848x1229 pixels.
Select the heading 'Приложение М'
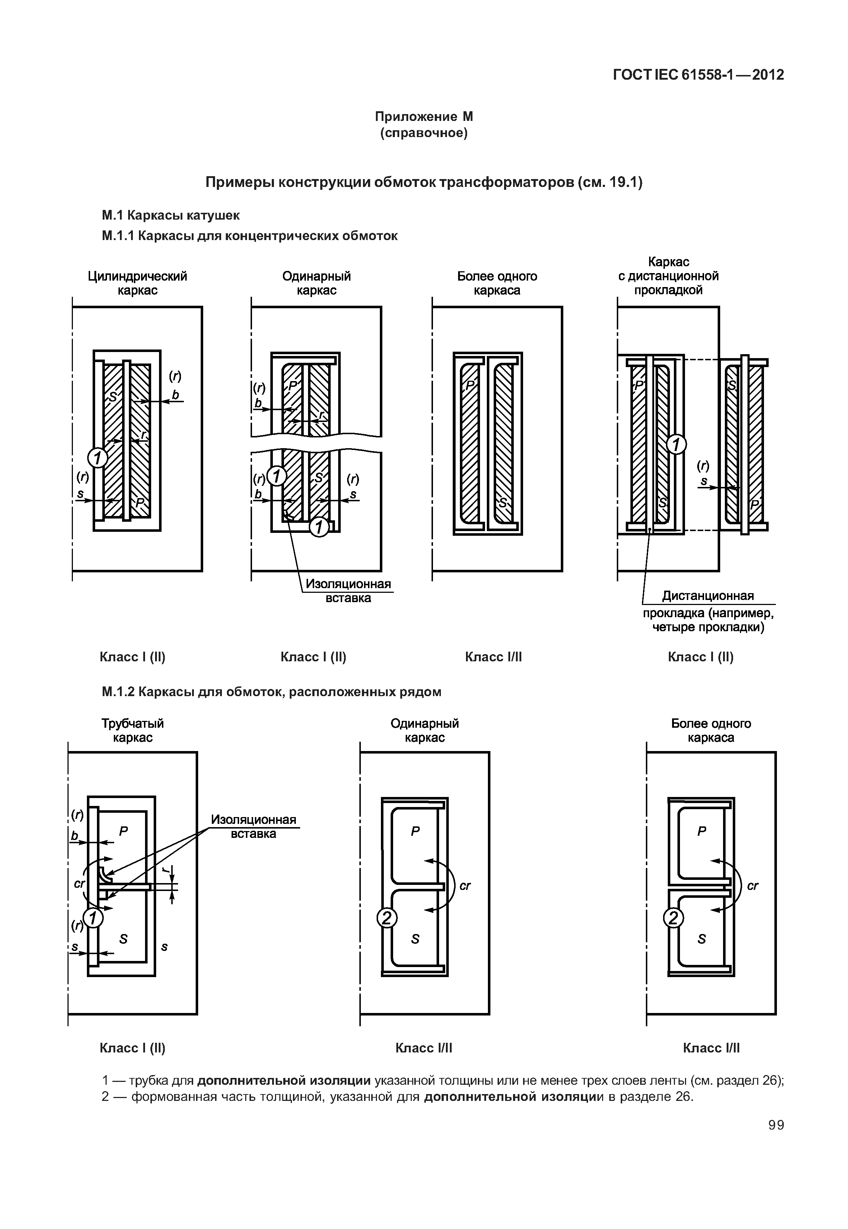point(424,116)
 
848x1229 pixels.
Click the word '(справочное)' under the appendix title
point(424,133)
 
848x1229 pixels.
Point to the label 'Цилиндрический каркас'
point(137,283)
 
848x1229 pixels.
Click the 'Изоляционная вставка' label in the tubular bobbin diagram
point(253,826)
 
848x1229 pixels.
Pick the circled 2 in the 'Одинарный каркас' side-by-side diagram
point(387,918)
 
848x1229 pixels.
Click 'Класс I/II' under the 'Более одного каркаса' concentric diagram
point(493,657)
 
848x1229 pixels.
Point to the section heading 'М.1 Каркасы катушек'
point(171,215)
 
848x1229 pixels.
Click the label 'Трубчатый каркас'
point(133,730)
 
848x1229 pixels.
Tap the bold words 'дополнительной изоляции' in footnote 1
point(284,1080)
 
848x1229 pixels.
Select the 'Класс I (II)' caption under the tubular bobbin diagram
point(132,1048)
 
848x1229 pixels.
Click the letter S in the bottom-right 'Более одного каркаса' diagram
point(702,939)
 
